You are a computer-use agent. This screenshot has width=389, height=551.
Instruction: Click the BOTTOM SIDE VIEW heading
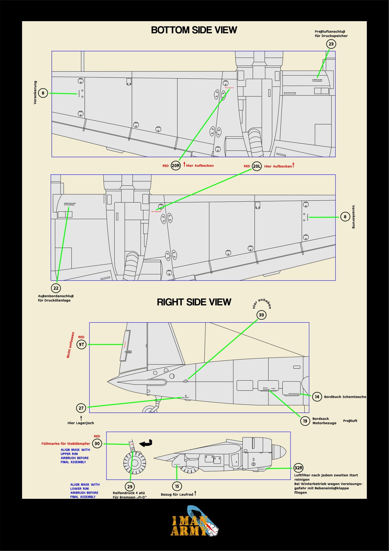[x=194, y=30]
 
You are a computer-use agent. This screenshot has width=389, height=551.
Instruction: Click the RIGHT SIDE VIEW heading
[x=194, y=302]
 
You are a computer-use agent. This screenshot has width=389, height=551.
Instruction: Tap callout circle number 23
[x=331, y=44]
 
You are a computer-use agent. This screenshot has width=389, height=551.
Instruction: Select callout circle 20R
[x=176, y=166]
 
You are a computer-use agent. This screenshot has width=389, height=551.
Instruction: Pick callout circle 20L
[x=257, y=166]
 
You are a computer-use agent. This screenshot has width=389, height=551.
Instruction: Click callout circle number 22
[x=56, y=288]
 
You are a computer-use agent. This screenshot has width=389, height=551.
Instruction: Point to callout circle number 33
[x=261, y=315]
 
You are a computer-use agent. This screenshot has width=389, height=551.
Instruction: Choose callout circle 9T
[x=82, y=344]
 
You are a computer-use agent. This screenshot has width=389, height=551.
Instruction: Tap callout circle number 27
[x=81, y=408]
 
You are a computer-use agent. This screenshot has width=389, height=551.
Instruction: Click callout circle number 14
[x=317, y=397]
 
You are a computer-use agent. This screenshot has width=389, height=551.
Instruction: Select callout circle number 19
[x=305, y=421]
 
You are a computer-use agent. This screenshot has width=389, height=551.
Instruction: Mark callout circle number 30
[x=97, y=443]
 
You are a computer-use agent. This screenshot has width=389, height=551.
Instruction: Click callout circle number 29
[x=130, y=487]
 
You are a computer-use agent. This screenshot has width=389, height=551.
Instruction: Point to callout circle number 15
[x=177, y=486]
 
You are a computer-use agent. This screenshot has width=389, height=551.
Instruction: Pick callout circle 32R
[x=298, y=468]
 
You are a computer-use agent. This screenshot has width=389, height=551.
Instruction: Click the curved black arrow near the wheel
[x=146, y=443]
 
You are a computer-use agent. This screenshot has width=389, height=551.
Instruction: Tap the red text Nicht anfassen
[x=70, y=345]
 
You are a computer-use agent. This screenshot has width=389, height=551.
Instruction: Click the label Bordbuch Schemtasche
[x=345, y=397]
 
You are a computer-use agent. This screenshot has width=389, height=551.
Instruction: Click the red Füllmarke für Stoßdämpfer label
[x=66, y=443]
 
